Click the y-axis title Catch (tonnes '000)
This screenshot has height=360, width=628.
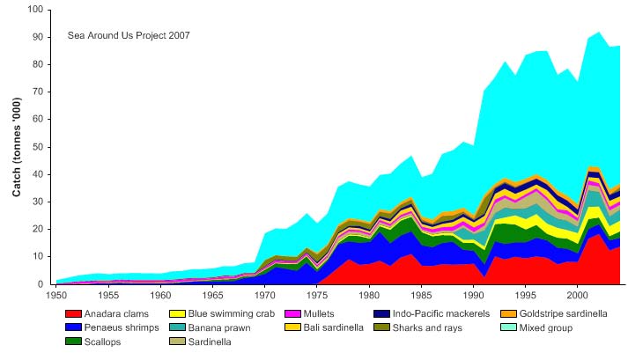(x=17, y=147)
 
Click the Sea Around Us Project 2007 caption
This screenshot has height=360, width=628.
(x=129, y=35)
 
